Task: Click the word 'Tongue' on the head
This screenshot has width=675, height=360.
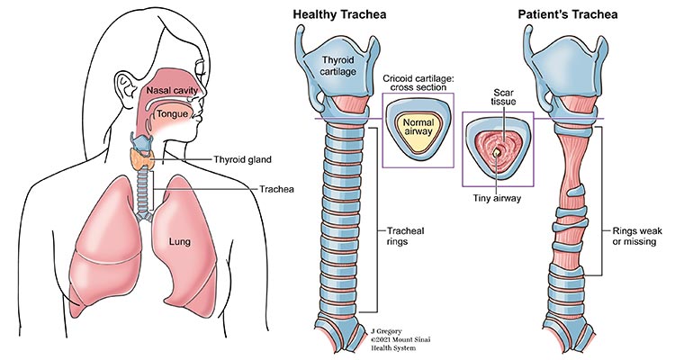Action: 171,115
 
